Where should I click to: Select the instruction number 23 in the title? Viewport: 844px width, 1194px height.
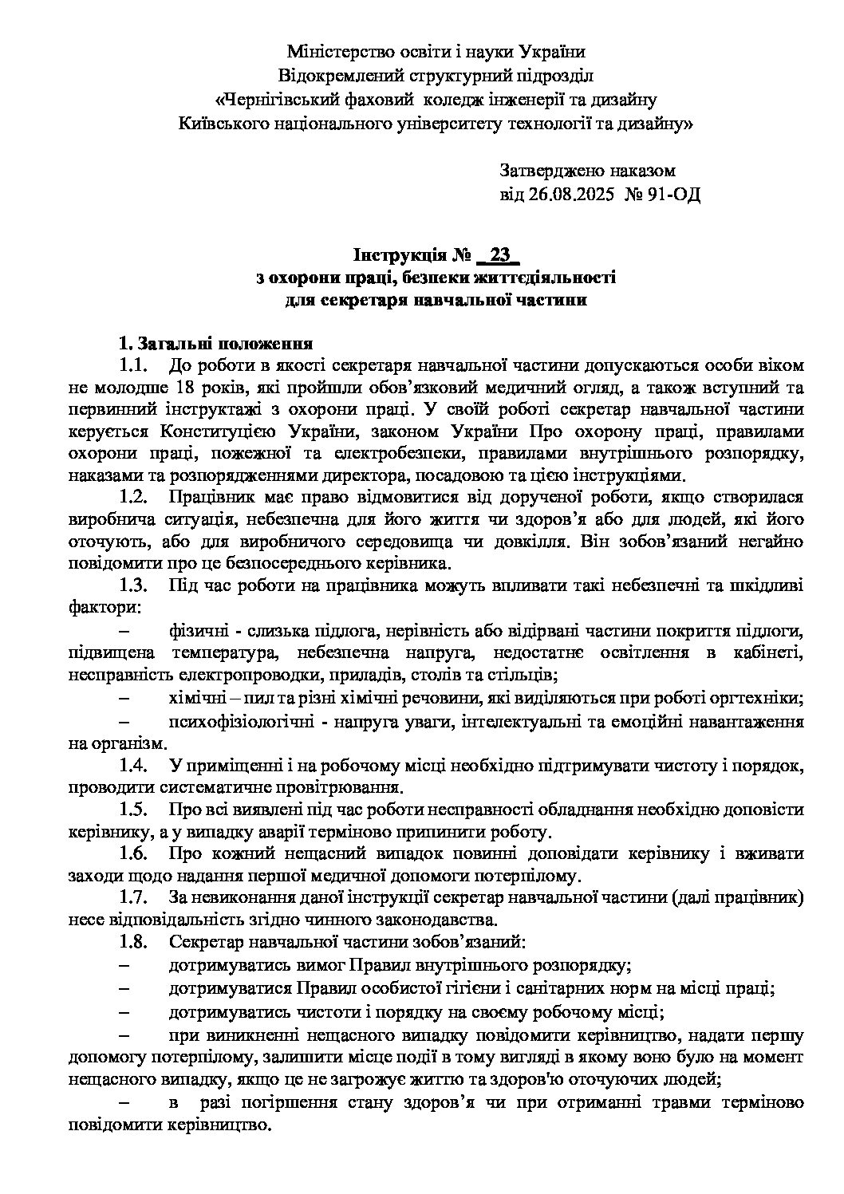click(499, 255)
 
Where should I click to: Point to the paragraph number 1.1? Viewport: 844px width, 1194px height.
click(134, 366)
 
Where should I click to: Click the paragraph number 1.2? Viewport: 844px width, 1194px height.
click(134, 497)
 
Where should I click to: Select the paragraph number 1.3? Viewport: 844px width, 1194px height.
click(134, 585)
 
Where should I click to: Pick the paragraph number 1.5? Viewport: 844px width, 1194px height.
click(134, 810)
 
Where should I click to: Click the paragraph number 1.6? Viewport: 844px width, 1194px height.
click(134, 853)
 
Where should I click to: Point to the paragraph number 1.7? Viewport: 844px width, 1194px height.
click(134, 898)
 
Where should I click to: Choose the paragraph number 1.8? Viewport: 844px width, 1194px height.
click(134, 942)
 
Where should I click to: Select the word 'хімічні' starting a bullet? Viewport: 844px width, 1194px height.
click(196, 698)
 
